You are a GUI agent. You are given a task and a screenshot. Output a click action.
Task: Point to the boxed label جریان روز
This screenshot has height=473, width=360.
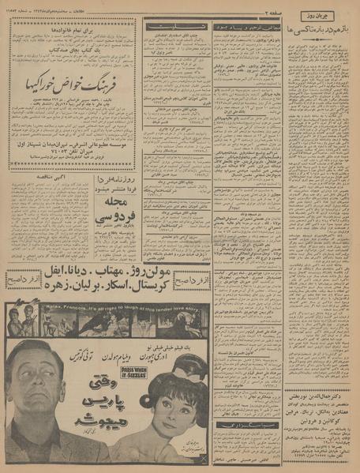pyautogui.click(x=324, y=15)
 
